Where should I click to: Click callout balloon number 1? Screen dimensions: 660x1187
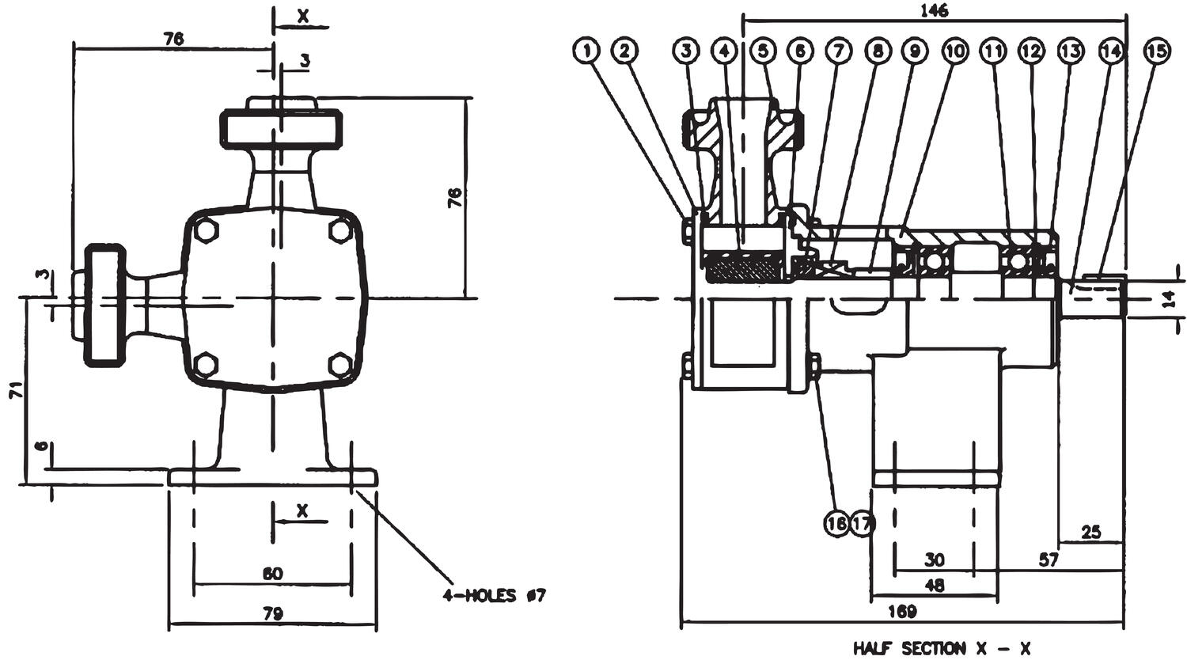point(586,51)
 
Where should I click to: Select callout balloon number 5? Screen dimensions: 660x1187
point(762,51)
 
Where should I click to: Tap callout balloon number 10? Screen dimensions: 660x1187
point(954,51)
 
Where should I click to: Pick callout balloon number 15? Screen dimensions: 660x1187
point(1155,51)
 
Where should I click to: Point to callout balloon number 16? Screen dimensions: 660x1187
point(836,523)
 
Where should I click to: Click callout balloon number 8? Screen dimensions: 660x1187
point(877,51)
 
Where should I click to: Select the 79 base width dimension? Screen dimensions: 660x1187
point(272,613)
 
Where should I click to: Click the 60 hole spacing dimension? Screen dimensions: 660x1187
point(272,573)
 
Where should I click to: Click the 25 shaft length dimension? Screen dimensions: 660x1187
point(1090,532)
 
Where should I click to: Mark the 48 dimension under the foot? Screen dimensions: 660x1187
point(935,586)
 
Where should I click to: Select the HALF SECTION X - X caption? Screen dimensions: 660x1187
point(942,648)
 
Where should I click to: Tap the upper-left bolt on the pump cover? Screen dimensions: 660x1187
point(206,230)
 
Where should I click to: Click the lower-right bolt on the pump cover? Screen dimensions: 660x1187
point(340,365)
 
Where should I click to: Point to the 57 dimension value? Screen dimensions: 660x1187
point(1048,560)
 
